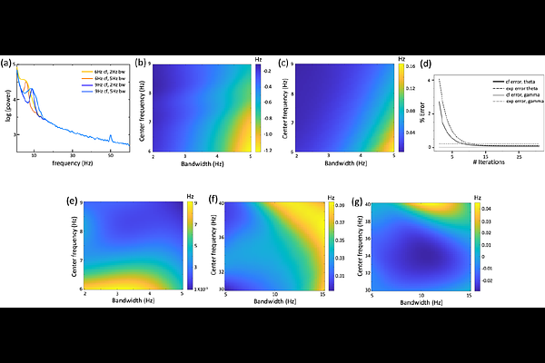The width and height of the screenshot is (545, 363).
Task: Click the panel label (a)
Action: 8,63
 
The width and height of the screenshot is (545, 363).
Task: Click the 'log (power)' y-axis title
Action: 7,107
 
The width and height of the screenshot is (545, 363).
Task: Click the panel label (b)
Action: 141,63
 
